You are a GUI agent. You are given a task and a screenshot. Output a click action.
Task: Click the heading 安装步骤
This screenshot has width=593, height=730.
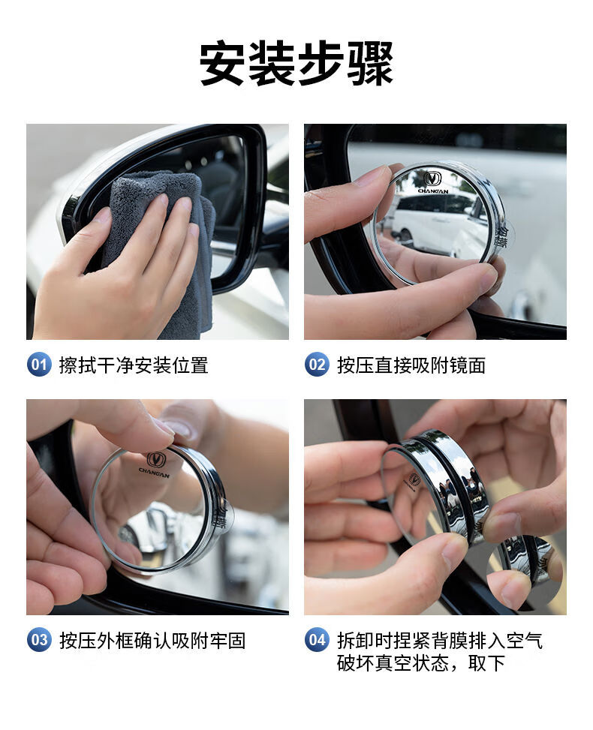296,63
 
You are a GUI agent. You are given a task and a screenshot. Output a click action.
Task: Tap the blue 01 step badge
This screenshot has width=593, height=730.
39,364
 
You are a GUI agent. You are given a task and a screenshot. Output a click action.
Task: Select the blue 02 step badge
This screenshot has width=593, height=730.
317,364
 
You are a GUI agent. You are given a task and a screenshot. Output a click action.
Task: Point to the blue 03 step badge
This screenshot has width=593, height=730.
39,640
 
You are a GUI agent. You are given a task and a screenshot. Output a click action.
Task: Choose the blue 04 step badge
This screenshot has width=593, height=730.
317,640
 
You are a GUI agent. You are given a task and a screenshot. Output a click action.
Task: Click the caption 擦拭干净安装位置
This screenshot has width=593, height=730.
134,365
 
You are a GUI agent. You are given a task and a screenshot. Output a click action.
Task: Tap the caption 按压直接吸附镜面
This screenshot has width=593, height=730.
411,365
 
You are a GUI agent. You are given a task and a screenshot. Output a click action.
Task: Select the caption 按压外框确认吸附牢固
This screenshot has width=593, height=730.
152,641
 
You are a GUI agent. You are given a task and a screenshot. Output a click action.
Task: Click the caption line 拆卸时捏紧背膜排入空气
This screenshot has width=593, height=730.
440,641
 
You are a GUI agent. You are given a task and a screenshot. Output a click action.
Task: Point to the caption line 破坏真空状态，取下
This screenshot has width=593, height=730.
421,663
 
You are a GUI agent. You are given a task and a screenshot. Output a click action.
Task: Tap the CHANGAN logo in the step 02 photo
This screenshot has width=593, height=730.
433,182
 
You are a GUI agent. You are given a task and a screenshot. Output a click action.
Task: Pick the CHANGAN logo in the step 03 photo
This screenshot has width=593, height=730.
155,464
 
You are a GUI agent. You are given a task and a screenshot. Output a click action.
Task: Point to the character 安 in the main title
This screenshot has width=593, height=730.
222,63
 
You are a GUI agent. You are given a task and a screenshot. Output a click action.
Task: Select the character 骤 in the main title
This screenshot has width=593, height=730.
370,63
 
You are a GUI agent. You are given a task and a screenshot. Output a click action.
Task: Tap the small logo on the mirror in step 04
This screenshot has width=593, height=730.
414,479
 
